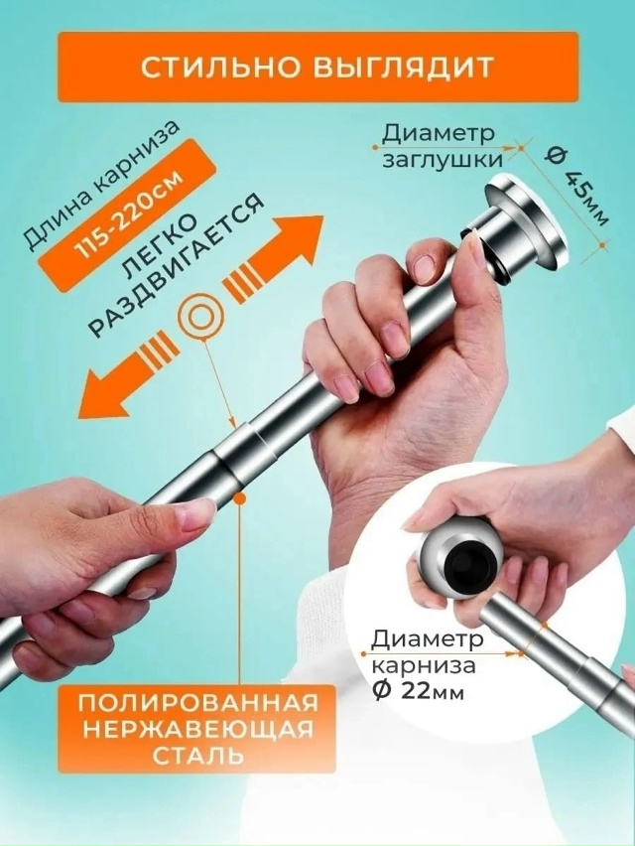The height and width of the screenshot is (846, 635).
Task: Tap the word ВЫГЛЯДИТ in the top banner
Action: pyautogui.click(x=408, y=68)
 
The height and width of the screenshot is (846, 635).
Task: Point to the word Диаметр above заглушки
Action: pyautogui.click(x=430, y=134)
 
